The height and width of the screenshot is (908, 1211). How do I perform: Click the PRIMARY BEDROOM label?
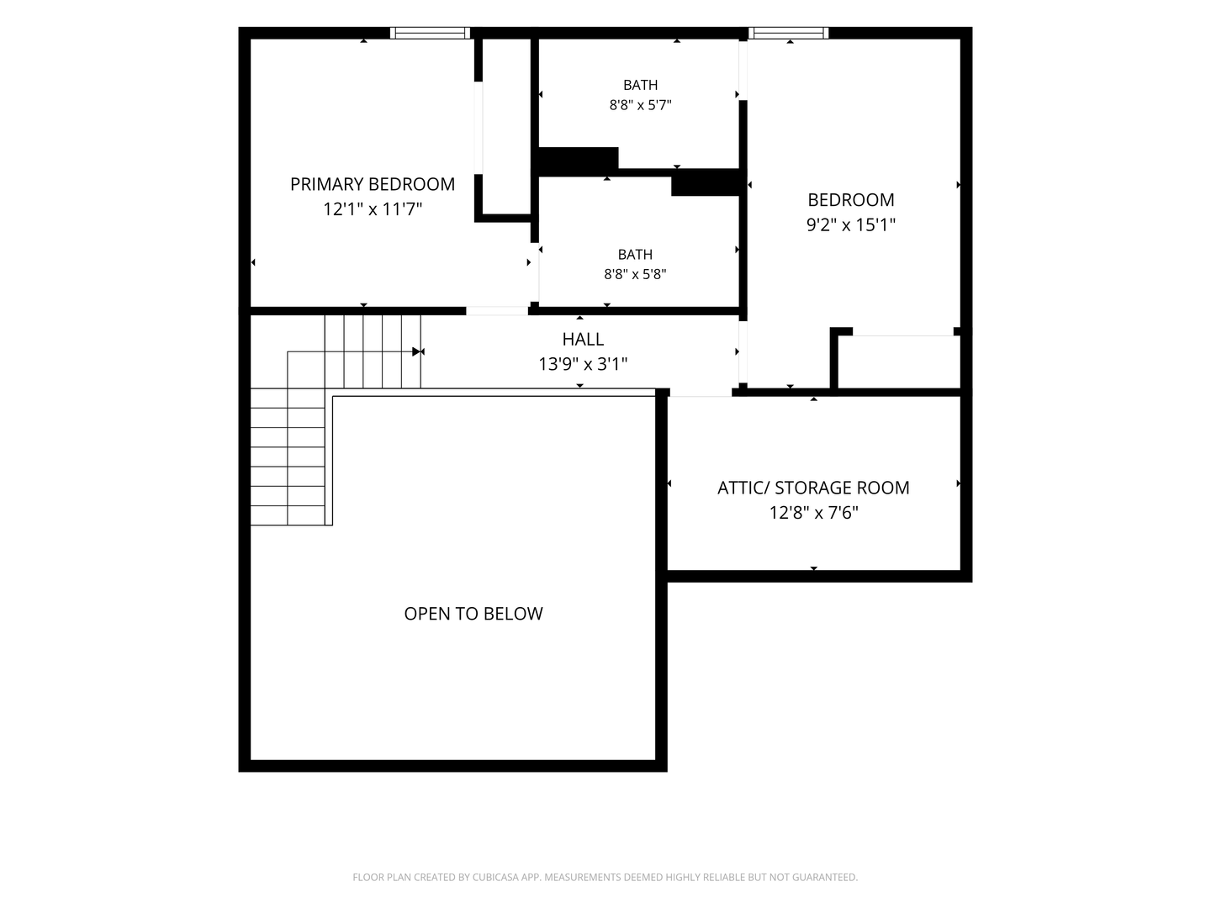pyautogui.click(x=373, y=184)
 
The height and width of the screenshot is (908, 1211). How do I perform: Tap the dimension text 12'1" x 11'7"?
pyautogui.click(x=373, y=209)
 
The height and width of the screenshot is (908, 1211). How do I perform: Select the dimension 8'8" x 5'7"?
pyautogui.click(x=640, y=105)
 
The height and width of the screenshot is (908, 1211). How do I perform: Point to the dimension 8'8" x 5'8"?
pyautogui.click(x=635, y=274)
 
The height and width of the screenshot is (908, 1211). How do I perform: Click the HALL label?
pyautogui.click(x=583, y=339)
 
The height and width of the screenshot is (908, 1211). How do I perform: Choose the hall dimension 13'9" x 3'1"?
pyautogui.click(x=583, y=364)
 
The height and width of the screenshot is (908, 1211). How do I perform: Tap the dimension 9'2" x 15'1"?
pyautogui.click(x=851, y=225)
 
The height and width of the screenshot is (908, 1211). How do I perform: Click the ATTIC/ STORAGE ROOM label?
pyautogui.click(x=813, y=488)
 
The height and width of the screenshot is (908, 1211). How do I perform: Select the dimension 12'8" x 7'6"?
pyautogui.click(x=814, y=513)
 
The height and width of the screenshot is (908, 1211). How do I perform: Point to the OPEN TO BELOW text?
pyautogui.click(x=473, y=614)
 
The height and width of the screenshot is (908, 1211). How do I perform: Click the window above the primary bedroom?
pyautogui.click(x=430, y=33)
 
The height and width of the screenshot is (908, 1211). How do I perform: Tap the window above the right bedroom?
pyautogui.click(x=788, y=33)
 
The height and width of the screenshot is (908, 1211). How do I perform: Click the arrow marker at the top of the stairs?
pyautogui.click(x=418, y=351)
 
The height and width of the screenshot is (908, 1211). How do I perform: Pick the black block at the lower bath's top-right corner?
pyautogui.click(x=706, y=182)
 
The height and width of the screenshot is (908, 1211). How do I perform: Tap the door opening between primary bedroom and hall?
pyautogui.click(x=497, y=311)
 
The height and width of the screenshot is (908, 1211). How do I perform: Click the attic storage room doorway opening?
pyautogui.click(x=701, y=393)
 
